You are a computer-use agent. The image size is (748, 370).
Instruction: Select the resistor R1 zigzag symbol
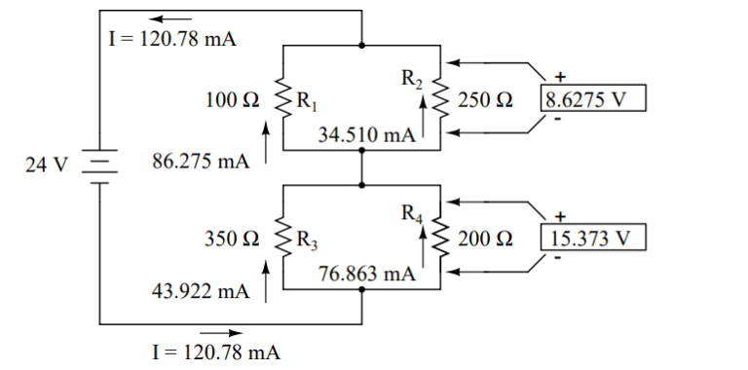pyautogui.click(x=283, y=98)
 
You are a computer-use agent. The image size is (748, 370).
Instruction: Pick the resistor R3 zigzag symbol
pyautogui.click(x=283, y=238)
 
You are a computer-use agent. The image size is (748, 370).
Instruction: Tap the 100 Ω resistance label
pyautogui.click(x=232, y=98)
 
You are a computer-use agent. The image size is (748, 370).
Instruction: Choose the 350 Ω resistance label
pyautogui.click(x=232, y=238)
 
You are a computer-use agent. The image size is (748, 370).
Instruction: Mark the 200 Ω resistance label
pyautogui.click(x=484, y=238)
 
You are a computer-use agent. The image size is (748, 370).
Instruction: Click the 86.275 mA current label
pyautogui.click(x=201, y=161)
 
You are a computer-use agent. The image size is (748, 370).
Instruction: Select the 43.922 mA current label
pyautogui.click(x=201, y=289)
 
